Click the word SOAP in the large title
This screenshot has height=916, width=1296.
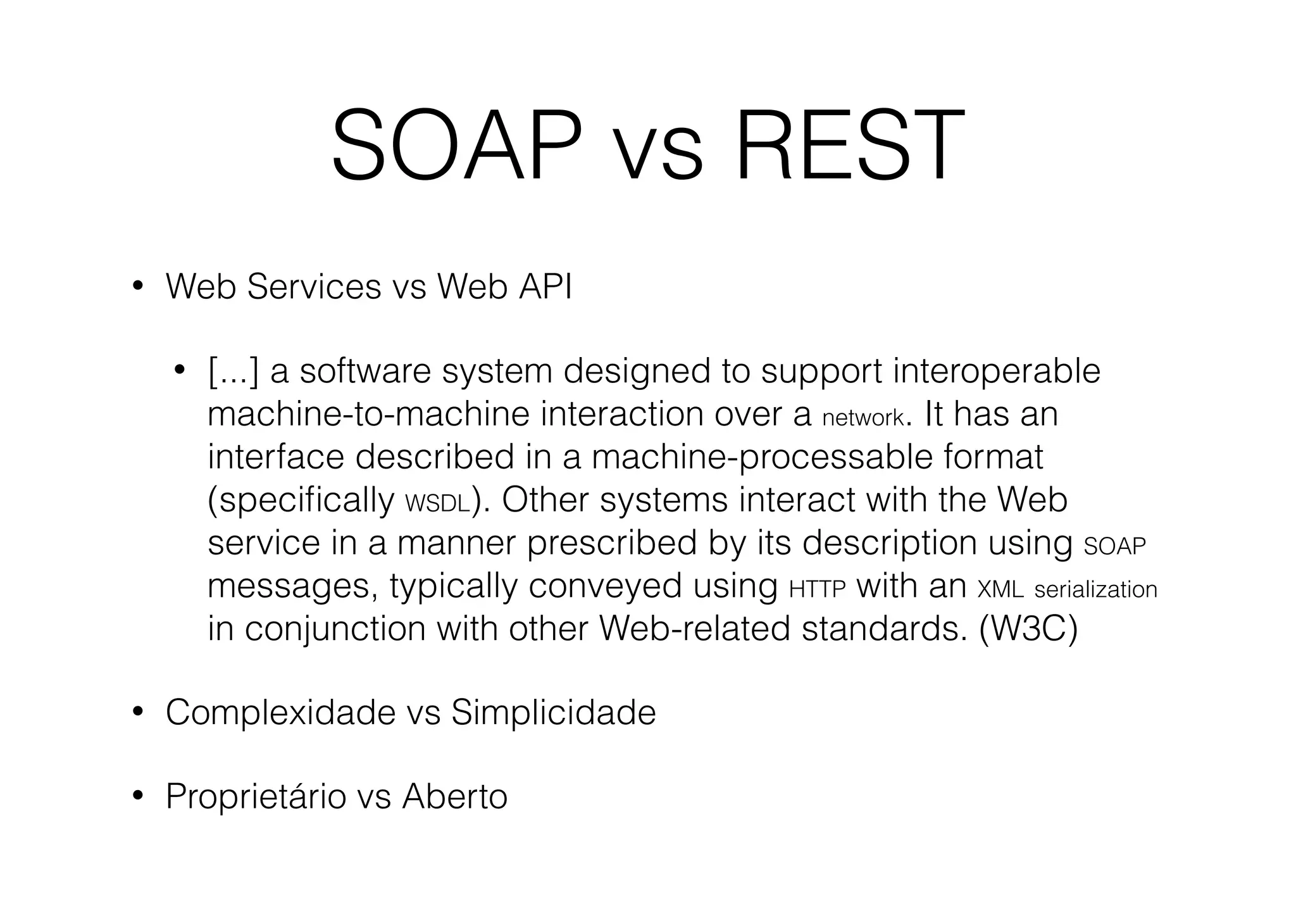[x=456, y=146]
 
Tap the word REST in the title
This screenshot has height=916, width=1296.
[x=849, y=146]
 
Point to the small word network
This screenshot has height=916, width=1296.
[x=863, y=418]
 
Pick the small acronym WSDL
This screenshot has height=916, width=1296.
[x=438, y=504]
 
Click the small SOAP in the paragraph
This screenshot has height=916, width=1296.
[x=1115, y=546]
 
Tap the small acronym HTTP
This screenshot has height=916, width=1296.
[x=818, y=589]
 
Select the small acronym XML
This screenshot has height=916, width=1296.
[x=1000, y=589]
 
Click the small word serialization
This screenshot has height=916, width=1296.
[x=1095, y=589]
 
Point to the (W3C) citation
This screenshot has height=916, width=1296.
[x=1028, y=629]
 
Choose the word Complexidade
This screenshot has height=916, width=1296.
[x=280, y=713]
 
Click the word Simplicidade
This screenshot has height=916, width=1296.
[x=553, y=713]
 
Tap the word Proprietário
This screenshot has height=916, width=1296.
[x=256, y=796]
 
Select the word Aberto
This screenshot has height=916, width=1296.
[x=454, y=796]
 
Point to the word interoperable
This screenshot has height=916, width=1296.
[x=997, y=372]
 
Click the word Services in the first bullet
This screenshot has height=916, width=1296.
[x=314, y=287]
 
